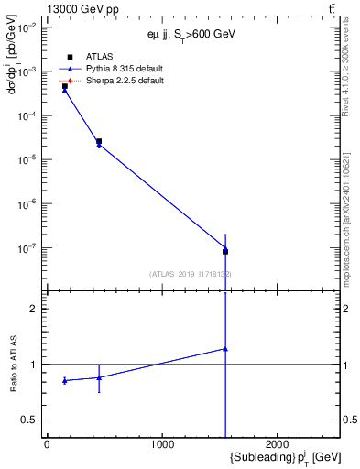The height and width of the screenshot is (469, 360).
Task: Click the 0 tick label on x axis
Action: pyautogui.click(x=47, y=444)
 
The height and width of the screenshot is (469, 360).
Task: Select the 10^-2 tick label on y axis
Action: pyautogui.click(x=27, y=28)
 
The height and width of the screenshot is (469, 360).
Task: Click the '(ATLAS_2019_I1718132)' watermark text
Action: pyautogui.click(x=190, y=274)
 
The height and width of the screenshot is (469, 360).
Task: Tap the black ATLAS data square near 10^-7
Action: pyautogui.click(x=225, y=251)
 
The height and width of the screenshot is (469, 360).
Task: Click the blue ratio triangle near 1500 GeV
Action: pyautogui.click(x=225, y=349)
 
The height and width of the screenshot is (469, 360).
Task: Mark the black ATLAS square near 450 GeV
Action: pyautogui.click(x=99, y=142)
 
